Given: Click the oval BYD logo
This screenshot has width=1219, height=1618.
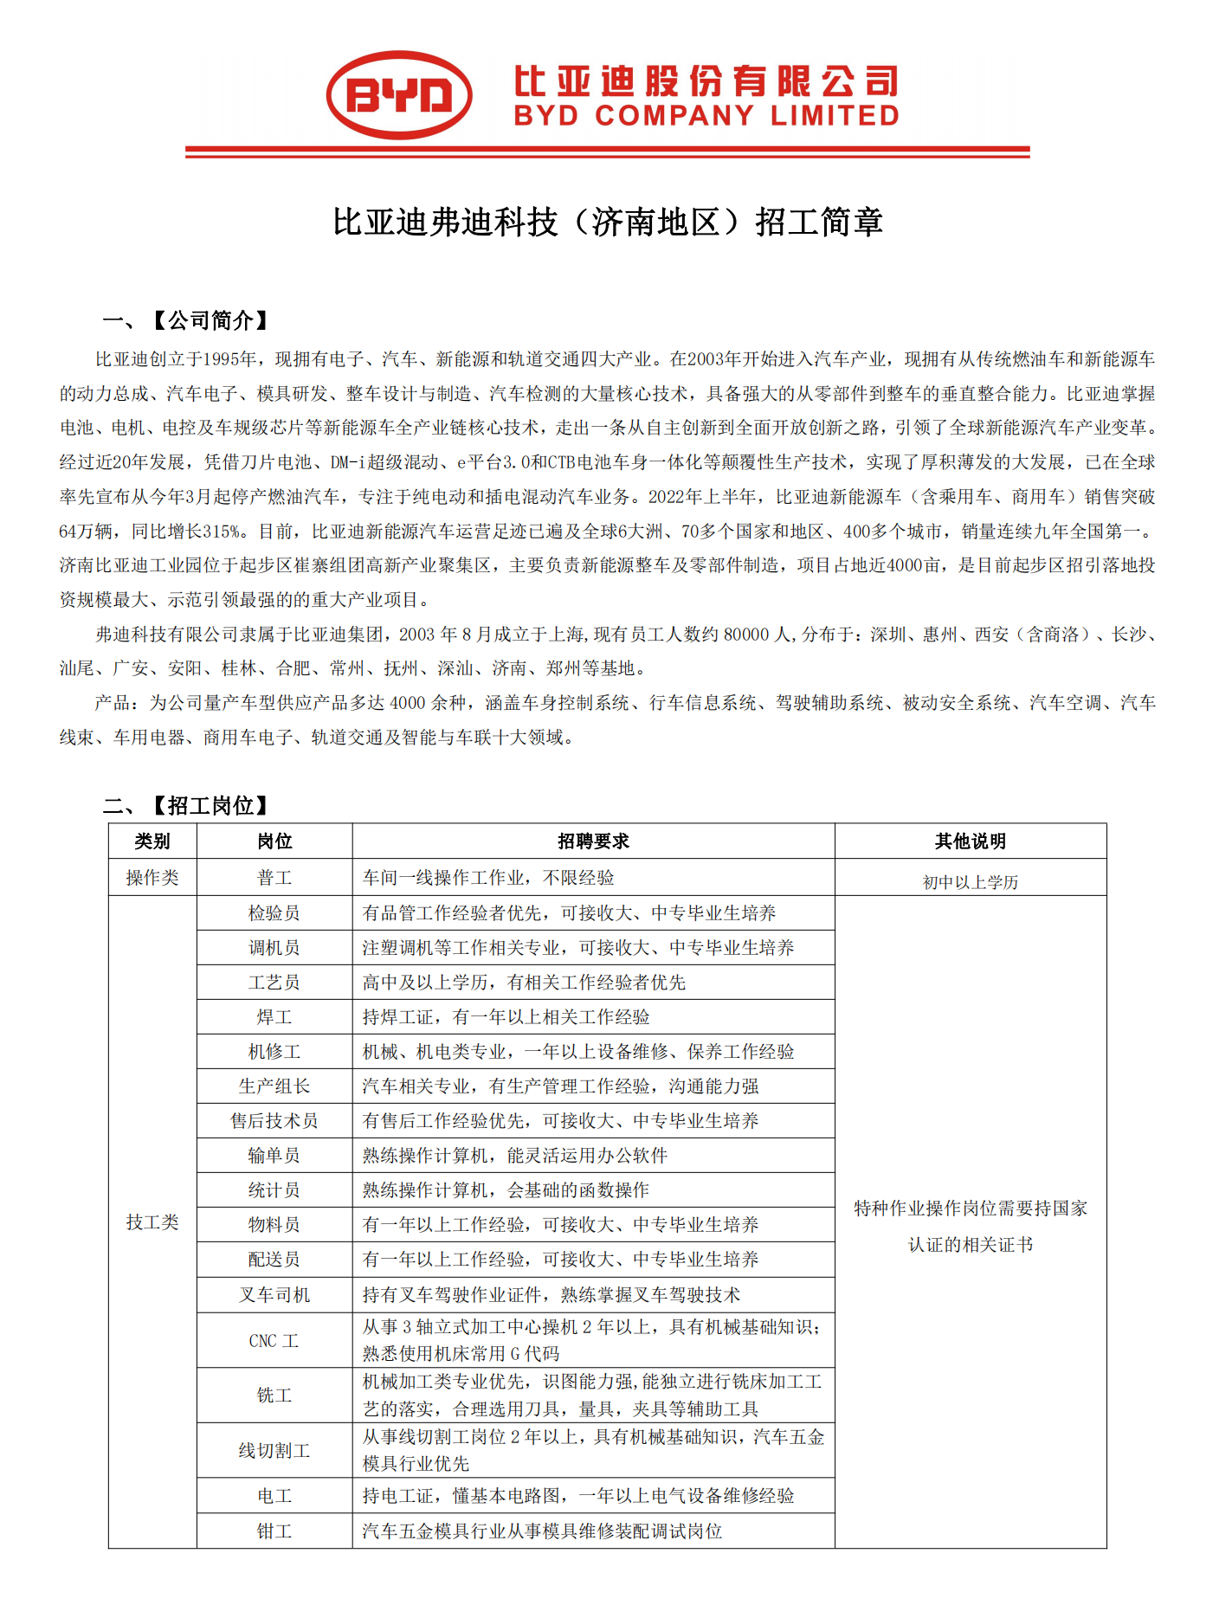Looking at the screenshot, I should pos(399,95).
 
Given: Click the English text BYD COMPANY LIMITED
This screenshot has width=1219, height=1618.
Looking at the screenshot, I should pos(706,116).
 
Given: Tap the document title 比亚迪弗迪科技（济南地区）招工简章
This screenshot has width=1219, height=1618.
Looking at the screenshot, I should pos(608,222).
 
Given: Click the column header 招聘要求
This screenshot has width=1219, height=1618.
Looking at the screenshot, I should pos(593,841).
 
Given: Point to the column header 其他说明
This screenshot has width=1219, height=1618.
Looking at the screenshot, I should pos(970,841).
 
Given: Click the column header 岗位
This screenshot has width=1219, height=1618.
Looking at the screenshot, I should pos(274,841).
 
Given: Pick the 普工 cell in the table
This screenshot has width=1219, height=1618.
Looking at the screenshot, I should pos(274,878).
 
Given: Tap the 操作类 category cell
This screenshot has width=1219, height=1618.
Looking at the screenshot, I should pos(152,878).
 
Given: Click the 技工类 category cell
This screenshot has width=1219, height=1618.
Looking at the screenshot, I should pos(152,1222).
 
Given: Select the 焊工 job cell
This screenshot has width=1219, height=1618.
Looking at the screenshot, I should pos(274,1017).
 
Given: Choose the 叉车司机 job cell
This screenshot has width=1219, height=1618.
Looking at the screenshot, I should pos(274,1295).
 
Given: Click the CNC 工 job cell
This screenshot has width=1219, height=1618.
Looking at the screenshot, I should pos(274,1341).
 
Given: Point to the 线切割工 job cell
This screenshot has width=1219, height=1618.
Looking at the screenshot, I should pos(274,1450).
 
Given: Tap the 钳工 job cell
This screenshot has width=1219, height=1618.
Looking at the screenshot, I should pos(274,1531).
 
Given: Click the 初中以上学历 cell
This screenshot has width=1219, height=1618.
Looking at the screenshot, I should pos(970,882).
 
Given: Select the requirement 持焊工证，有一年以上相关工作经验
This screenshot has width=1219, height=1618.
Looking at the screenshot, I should pos(506,1017).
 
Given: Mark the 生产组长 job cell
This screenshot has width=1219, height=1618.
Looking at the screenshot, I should pos(274,1086).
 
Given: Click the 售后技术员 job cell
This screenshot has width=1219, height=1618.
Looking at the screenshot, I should pos(274,1121).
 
